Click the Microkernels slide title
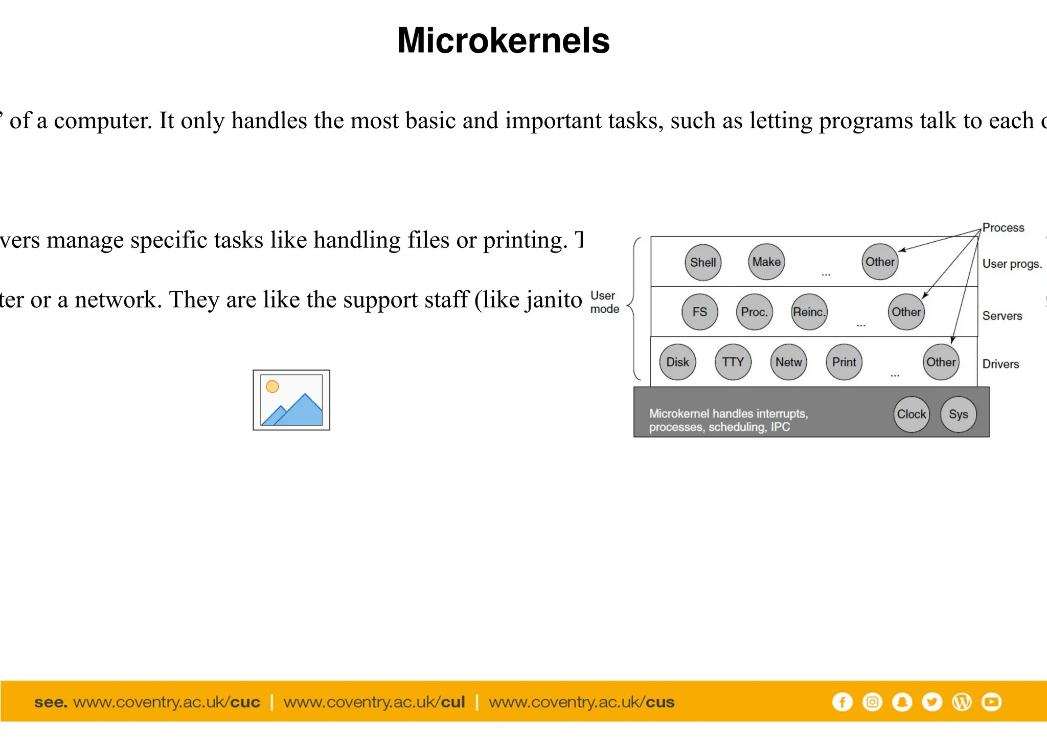[x=504, y=40]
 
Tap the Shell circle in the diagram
[x=703, y=262]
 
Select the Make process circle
[x=766, y=262]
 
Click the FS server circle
[x=700, y=312]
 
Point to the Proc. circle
[x=755, y=312]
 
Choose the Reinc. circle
[x=809, y=312]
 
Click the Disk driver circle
[x=678, y=362]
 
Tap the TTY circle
[x=733, y=362]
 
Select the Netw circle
[x=789, y=362]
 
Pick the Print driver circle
[x=844, y=362]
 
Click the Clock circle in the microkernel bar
[x=912, y=414]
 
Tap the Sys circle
[x=959, y=414]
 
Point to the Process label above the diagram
[x=1003, y=227]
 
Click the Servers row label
[x=1002, y=316]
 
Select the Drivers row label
[x=1000, y=364]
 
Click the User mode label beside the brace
[x=604, y=302]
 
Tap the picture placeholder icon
[x=291, y=400]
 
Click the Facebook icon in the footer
[x=843, y=702]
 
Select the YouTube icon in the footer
[x=992, y=702]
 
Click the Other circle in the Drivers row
[x=941, y=362]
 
